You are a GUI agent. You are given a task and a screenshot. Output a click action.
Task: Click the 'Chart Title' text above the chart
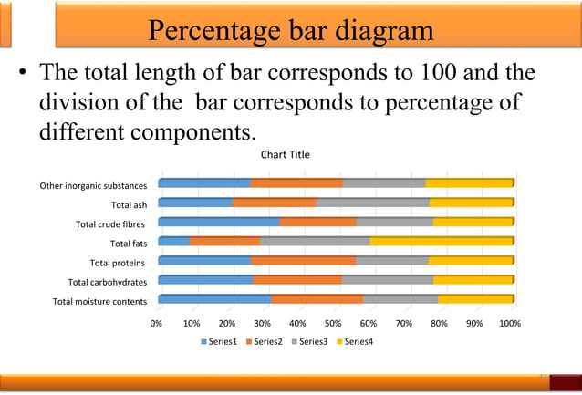(286, 154)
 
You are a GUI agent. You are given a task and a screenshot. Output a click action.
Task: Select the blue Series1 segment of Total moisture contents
(214, 299)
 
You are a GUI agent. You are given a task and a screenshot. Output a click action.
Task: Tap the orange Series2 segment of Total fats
(224, 242)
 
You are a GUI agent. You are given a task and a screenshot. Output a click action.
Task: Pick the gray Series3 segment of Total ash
(372, 203)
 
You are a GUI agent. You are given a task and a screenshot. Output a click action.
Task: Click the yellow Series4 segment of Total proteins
(471, 261)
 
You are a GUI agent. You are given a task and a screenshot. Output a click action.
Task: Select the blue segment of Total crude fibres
(219, 222)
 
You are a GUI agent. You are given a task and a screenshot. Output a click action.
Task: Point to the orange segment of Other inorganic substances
(296, 183)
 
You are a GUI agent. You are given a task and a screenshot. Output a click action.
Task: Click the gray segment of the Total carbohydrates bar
(388, 280)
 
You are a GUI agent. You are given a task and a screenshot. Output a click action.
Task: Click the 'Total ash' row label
(129, 205)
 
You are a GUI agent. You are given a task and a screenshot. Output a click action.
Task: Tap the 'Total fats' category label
(129, 244)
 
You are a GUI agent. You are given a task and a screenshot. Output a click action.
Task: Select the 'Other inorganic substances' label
(93, 186)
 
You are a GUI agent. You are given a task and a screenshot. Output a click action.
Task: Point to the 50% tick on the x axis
(333, 323)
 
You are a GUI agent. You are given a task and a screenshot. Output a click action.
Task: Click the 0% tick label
(157, 323)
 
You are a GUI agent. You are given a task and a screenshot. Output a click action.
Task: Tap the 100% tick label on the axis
(510, 323)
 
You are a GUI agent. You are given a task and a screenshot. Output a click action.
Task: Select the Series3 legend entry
(308, 342)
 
